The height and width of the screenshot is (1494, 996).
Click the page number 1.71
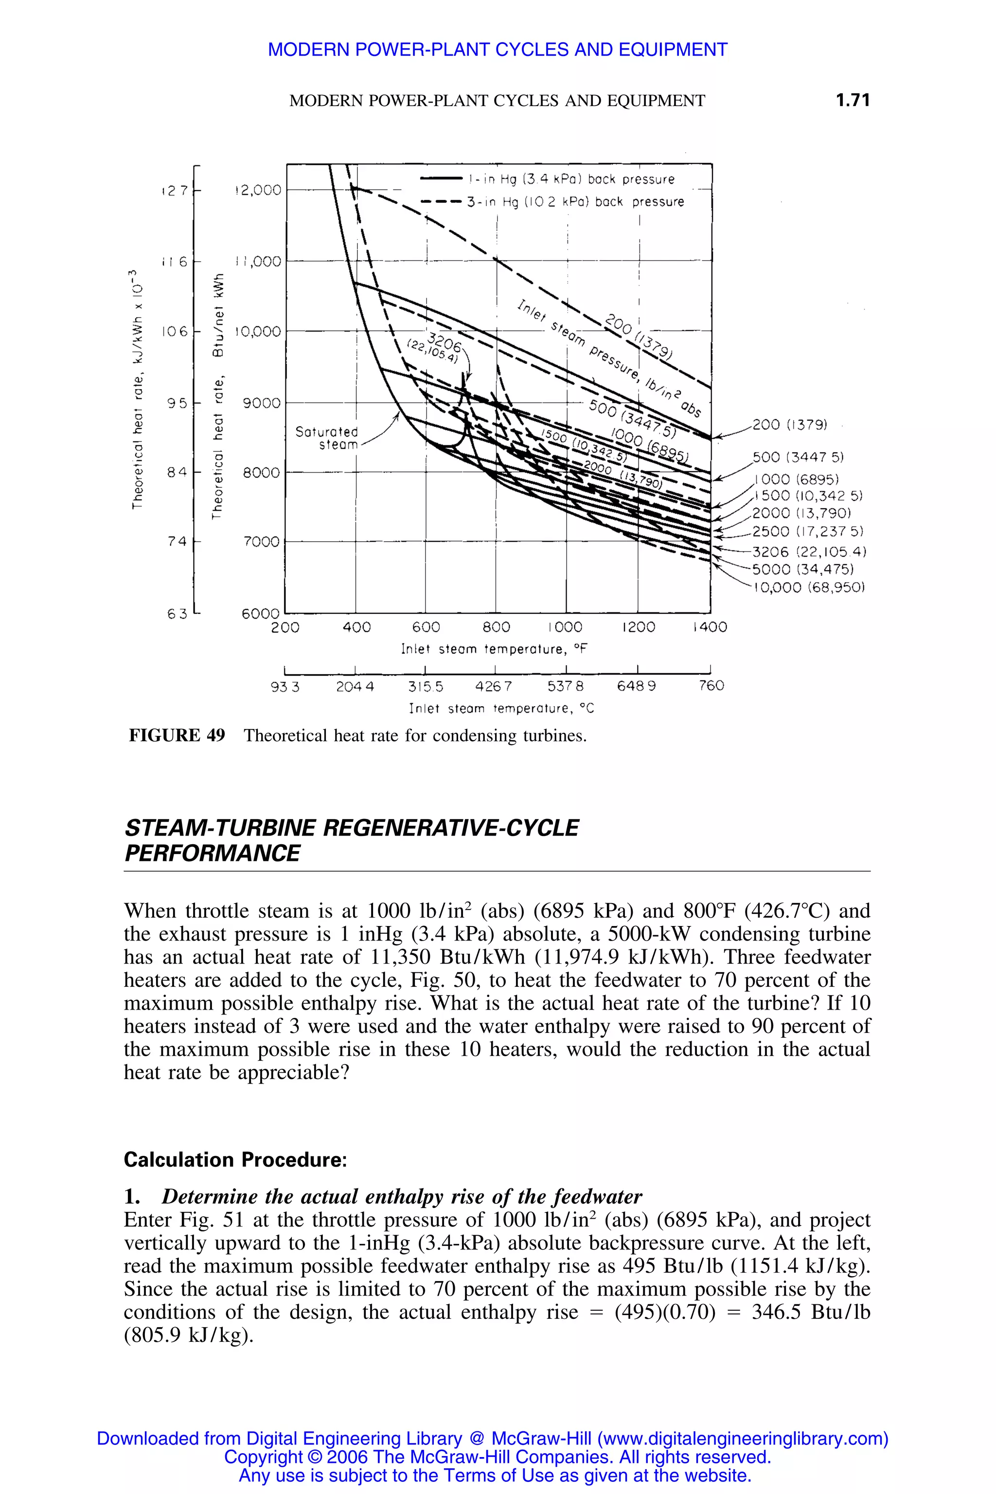853,100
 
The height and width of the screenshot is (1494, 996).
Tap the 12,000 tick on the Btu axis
258,190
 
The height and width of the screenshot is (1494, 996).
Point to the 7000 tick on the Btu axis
261,542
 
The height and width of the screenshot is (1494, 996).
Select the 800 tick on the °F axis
496,627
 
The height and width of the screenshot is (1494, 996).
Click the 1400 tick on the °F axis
710,627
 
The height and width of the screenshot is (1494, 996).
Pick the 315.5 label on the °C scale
426,686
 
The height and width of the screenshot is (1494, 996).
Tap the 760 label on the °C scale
711,686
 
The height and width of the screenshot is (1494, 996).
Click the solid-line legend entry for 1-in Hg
570,180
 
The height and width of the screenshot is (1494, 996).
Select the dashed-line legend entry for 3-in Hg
575,202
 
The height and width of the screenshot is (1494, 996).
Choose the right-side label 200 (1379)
790,424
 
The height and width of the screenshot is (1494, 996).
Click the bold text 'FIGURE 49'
177,735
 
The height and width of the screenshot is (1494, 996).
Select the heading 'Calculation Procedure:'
235,1159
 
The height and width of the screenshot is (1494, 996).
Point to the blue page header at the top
498,50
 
